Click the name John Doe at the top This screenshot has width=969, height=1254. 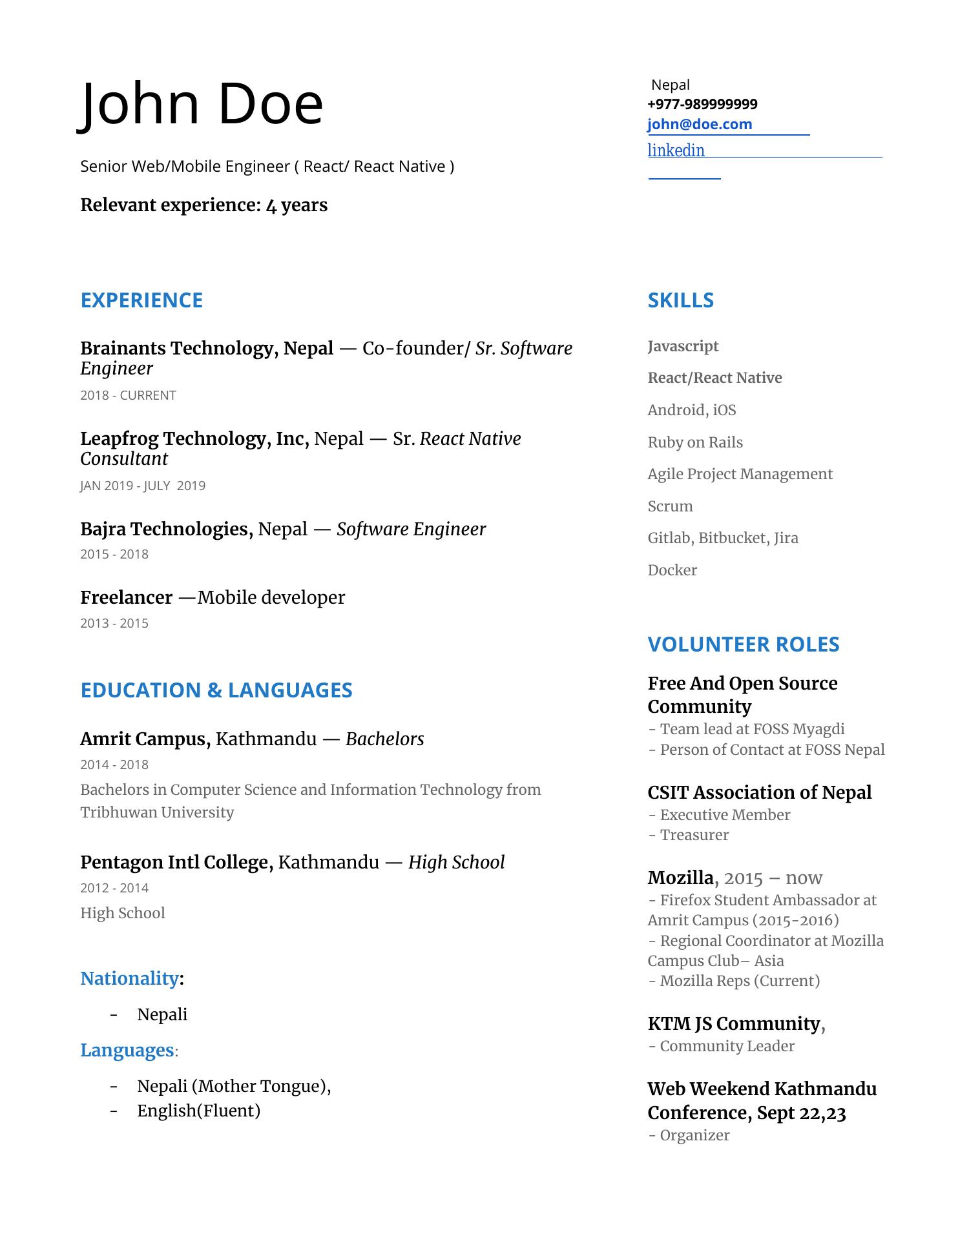202,105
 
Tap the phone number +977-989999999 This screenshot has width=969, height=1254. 702,105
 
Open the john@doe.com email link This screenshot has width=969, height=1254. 700,125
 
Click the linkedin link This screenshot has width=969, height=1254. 676,150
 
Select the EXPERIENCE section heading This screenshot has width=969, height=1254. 141,300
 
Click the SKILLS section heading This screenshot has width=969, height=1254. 680,300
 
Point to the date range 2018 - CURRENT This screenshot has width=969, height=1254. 128,395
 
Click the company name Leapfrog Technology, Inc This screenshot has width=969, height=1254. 194,439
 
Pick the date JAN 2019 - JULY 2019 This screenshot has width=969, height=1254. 143,486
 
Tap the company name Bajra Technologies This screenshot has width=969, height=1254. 166,529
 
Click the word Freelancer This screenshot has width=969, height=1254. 127,598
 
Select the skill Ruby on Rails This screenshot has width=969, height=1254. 695,442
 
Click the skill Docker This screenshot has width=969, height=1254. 672,570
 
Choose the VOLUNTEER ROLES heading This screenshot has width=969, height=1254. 743,644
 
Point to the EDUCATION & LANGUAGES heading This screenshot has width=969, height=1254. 216,690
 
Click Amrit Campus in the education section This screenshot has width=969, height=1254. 145,739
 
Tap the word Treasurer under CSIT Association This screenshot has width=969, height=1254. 694,835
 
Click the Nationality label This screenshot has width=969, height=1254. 129,979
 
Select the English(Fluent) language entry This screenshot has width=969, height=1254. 198,1111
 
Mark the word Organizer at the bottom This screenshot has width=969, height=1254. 694,1135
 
